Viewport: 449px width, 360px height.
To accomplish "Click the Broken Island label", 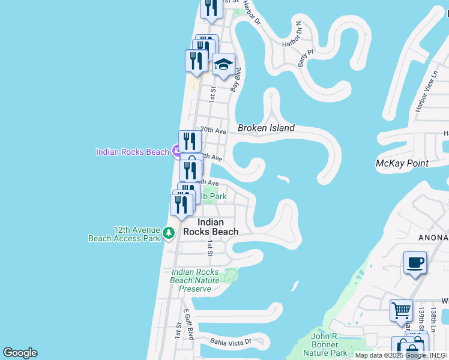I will (x=266, y=128).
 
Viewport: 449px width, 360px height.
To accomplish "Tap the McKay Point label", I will (x=402, y=163).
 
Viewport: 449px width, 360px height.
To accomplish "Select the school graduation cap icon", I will (x=223, y=64).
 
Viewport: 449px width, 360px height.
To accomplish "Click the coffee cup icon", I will (x=415, y=262).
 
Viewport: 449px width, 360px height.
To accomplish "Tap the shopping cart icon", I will (x=401, y=310).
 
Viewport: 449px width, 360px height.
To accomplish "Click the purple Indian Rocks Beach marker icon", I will (x=177, y=151).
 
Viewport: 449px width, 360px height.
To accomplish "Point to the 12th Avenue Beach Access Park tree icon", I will (x=169, y=233).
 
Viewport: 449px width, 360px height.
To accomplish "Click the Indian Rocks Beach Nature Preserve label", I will (x=194, y=280).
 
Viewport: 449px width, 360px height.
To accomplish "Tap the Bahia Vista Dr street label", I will (x=230, y=341).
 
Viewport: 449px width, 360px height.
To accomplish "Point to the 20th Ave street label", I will (x=212, y=130).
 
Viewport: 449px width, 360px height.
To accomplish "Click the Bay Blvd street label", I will (x=237, y=80).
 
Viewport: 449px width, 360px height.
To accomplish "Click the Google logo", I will (x=20, y=353).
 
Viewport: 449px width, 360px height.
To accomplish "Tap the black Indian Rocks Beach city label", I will (x=210, y=227).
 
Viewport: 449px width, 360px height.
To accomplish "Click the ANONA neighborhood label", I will (x=433, y=238).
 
